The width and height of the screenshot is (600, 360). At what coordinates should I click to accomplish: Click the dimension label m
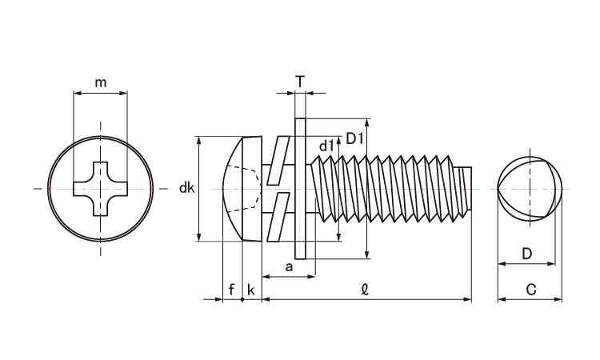[100, 82]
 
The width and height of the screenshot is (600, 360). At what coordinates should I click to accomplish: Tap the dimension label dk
[186, 189]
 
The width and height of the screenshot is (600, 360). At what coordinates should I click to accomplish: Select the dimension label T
[299, 81]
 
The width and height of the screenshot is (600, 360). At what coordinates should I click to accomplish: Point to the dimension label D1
[355, 138]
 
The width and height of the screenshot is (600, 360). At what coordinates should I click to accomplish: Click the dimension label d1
[326, 146]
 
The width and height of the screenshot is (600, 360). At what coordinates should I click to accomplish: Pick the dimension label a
[289, 264]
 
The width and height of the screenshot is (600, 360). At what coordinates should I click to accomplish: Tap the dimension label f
[231, 290]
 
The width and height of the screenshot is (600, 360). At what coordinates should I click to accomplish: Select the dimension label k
[251, 290]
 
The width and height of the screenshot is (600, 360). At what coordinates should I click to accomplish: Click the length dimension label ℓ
[365, 290]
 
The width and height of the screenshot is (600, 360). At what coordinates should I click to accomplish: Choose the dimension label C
[530, 290]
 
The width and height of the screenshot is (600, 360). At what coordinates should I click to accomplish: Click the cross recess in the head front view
[100, 189]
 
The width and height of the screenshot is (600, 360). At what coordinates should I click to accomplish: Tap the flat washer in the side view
[300, 189]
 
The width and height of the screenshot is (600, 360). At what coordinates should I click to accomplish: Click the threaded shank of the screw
[384, 189]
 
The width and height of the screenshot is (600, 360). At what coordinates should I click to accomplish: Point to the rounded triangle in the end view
[530, 189]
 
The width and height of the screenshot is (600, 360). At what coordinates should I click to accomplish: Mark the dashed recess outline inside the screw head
[248, 189]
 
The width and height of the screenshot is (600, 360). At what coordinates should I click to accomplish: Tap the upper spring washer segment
[277, 161]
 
